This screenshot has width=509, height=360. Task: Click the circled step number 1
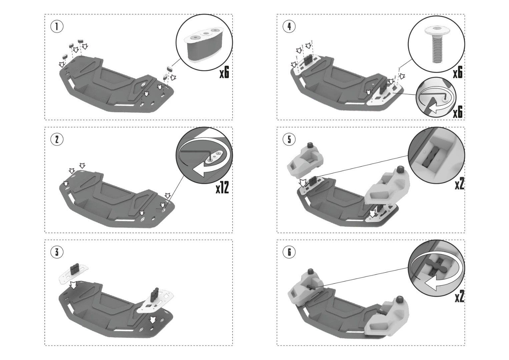tap(57, 27)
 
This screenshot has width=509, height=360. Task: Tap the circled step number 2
tap(57, 139)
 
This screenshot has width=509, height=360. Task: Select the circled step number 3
tap(57, 252)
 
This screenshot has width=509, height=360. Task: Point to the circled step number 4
tap(289, 27)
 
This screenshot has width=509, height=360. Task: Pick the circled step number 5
tap(289, 139)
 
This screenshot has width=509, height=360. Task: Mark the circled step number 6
tap(289, 252)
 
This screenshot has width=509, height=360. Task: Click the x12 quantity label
tap(222, 188)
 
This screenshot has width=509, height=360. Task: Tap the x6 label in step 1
tap(224, 73)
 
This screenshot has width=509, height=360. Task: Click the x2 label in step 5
tap(459, 184)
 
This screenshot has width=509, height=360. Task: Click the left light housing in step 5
tap(305, 161)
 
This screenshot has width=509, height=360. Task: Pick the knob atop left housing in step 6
tap(311, 271)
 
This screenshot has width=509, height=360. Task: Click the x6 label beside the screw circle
tap(458, 73)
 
